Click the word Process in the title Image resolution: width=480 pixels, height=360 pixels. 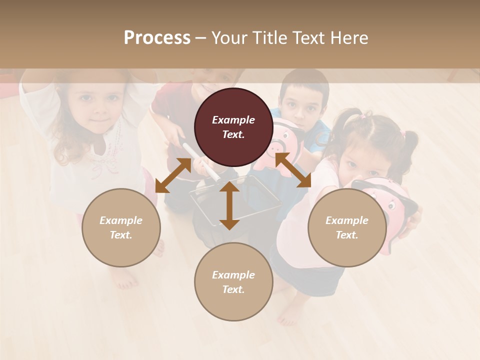pos(157,38)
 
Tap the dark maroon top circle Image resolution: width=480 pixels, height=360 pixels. pos(233,127)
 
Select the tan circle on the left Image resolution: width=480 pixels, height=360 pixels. pos(121,227)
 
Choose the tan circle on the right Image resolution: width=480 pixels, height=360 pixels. pos(347,227)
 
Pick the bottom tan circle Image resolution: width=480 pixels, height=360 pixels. pos(233,281)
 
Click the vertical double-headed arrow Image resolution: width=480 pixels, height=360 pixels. pos(229,205)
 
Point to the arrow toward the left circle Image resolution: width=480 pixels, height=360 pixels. pos(173,175)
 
